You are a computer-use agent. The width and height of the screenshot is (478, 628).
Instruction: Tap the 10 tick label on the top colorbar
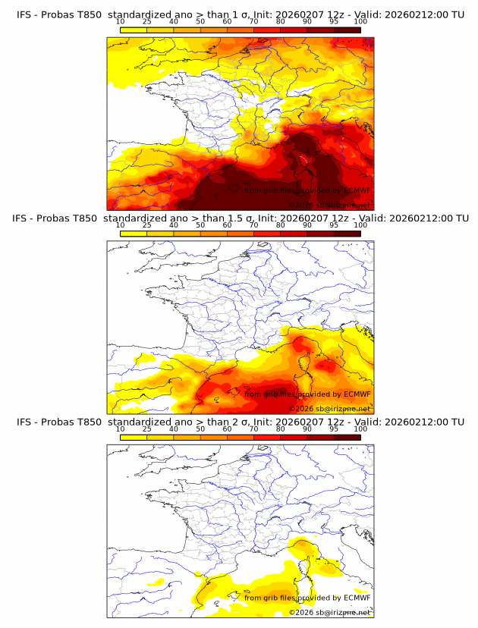(120, 22)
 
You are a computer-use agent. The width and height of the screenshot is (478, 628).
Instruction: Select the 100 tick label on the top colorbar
(360, 22)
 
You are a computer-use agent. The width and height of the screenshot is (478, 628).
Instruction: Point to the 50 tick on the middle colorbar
(200, 225)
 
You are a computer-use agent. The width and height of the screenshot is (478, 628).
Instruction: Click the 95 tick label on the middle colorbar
(334, 225)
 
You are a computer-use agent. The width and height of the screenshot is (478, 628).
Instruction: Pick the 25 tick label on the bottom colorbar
(146, 429)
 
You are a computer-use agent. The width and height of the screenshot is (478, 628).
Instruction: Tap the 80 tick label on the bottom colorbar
(281, 429)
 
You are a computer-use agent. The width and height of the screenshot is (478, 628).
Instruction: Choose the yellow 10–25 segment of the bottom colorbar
(134, 437)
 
